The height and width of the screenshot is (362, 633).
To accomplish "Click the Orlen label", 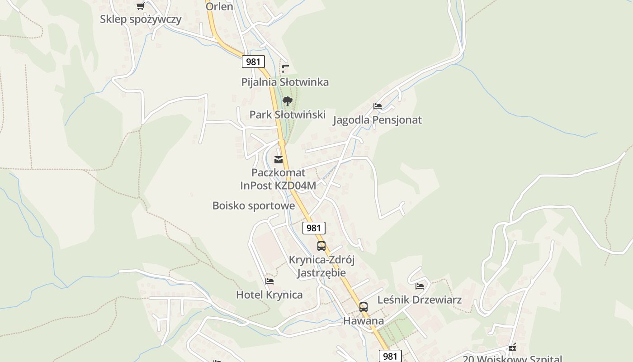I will click(219, 6).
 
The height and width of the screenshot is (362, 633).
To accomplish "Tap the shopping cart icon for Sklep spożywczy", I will click(140, 6).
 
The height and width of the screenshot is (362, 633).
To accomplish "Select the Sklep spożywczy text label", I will click(141, 19).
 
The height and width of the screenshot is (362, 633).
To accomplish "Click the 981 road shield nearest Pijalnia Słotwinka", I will click(253, 62).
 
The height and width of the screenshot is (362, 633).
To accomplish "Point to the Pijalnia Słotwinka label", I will click(285, 82).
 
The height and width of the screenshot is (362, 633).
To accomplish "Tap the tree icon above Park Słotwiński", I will click(287, 101).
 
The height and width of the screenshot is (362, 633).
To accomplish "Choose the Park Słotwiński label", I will click(288, 114).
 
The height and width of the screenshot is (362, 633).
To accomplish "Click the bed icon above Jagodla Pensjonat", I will click(378, 106).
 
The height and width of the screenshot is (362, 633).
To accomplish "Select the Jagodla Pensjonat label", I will click(377, 120).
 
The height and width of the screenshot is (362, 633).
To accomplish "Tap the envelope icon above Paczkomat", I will click(279, 159).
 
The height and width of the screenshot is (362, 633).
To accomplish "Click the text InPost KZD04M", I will click(278, 186).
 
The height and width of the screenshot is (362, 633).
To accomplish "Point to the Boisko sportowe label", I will click(254, 206).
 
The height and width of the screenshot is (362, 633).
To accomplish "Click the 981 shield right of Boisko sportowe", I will click(313, 228).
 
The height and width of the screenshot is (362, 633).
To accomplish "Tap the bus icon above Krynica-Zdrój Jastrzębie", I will click(321, 246).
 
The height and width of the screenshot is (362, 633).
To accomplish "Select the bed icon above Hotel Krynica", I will click(269, 281).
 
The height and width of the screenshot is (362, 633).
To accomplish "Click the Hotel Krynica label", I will click(269, 295).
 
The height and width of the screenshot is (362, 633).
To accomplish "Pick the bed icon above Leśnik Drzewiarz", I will click(420, 286).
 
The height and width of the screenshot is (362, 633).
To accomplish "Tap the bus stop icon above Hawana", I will click(364, 307).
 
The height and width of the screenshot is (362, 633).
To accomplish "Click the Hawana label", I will click(364, 321).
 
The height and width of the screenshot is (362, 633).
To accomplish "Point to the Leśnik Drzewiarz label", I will click(420, 300).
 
